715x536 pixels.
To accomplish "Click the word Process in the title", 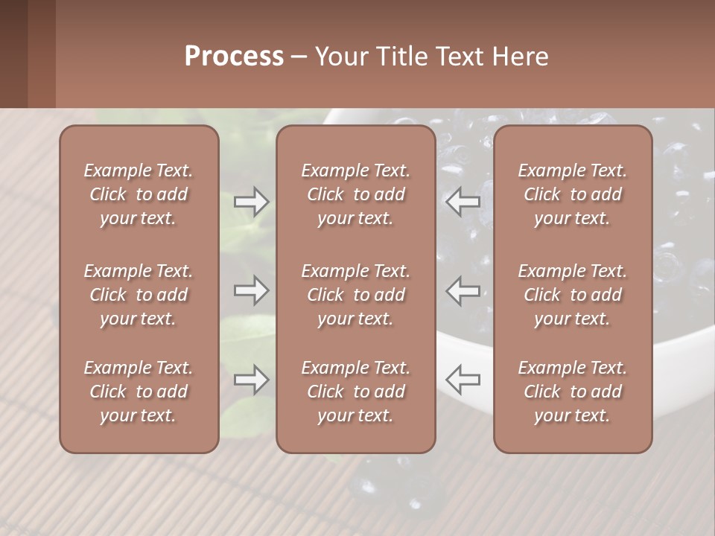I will (x=234, y=57).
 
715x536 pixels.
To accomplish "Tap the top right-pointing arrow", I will (x=251, y=202).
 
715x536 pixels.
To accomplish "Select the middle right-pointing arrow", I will (x=251, y=290).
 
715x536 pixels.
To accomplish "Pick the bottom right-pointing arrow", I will (x=251, y=380).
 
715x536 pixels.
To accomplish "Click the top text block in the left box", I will (x=139, y=194).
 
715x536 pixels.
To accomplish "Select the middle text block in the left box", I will (x=139, y=295).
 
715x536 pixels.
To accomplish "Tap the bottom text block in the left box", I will (x=139, y=392).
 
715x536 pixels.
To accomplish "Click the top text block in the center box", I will (x=355, y=194).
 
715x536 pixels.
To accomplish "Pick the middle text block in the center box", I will (x=355, y=295).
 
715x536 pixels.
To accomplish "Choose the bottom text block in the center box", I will (x=355, y=392).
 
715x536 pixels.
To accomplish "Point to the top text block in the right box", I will (x=572, y=194).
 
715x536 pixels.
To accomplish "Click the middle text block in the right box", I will (x=572, y=295).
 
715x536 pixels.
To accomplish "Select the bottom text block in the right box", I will (x=572, y=392).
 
